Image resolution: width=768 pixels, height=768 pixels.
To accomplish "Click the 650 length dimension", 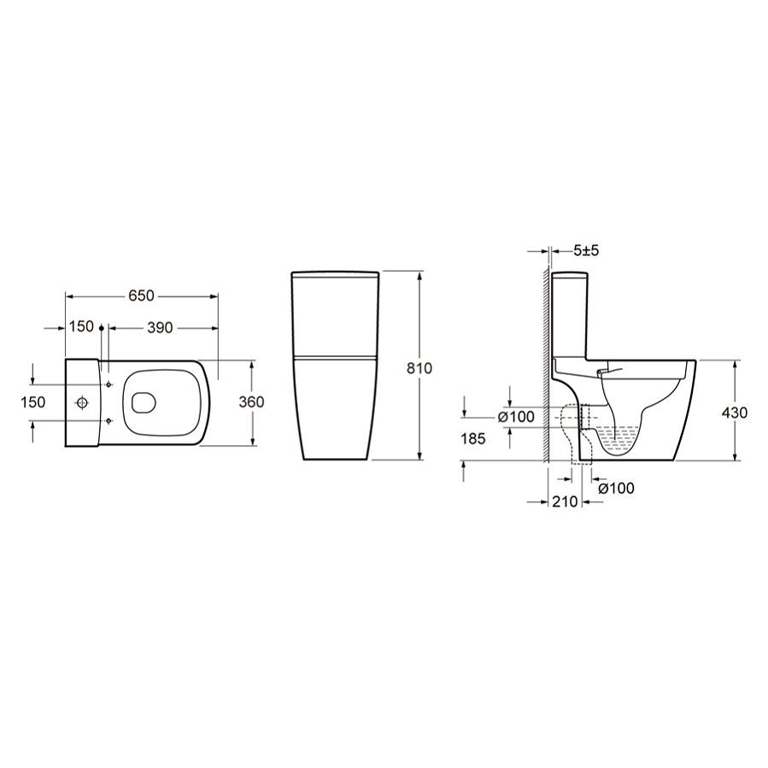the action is [142, 296].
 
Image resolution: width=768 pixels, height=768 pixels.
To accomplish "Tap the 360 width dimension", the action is [251, 402].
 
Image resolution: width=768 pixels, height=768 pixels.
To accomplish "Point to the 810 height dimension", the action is [419, 367].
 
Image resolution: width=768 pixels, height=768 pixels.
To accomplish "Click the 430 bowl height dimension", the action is [735, 413].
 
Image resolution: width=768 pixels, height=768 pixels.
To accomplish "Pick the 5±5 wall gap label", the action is [586, 250].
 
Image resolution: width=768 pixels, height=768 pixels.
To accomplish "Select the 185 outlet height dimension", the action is [472, 438].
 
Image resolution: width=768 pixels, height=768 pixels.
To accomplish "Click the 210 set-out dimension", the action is [565, 501].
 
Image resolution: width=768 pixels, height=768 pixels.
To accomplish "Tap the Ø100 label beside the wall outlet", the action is [516, 417].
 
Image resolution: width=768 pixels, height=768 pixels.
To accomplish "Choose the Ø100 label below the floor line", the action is [616, 488].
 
